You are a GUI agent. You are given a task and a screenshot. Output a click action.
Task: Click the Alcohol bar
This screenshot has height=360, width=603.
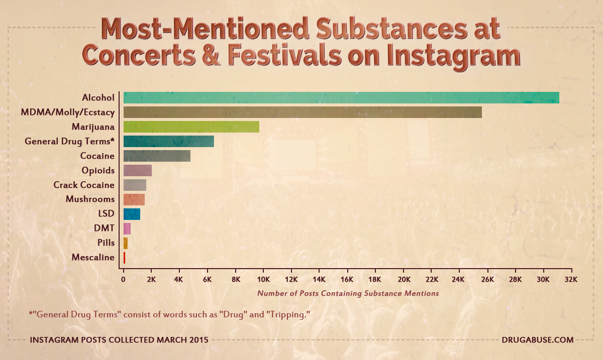click(x=341, y=97)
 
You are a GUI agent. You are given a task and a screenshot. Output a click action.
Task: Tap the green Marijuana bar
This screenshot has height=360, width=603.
click(x=191, y=127)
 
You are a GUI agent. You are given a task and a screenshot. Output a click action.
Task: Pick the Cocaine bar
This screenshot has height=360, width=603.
click(x=157, y=156)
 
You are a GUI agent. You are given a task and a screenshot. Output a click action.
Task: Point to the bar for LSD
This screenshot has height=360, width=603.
click(x=132, y=214)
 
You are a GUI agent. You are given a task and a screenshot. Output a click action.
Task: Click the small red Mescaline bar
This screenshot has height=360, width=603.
click(x=124, y=258)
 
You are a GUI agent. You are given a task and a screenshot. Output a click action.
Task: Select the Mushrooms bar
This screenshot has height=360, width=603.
click(x=134, y=199)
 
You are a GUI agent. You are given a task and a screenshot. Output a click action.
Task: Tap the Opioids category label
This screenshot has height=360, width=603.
click(x=98, y=171)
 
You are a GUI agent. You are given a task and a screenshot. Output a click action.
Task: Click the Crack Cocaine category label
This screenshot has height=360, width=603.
click(x=84, y=185)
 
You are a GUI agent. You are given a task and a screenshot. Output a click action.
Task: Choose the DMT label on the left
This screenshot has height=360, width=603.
click(x=104, y=228)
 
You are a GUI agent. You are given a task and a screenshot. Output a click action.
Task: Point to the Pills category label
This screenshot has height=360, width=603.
click(x=106, y=243)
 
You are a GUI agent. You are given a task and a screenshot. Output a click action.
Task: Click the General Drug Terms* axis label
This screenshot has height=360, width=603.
click(x=69, y=142)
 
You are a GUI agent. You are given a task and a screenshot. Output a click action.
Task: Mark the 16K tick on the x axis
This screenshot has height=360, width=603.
click(x=347, y=279)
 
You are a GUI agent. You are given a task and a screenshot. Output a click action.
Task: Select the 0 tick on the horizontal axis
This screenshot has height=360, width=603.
click(x=124, y=279)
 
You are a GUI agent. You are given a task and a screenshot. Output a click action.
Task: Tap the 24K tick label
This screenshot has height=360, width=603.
click(x=459, y=279)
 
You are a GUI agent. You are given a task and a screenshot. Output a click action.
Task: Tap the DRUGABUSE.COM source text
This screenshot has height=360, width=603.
click(x=537, y=340)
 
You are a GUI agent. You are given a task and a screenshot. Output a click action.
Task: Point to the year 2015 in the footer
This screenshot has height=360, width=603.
click(x=198, y=340)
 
